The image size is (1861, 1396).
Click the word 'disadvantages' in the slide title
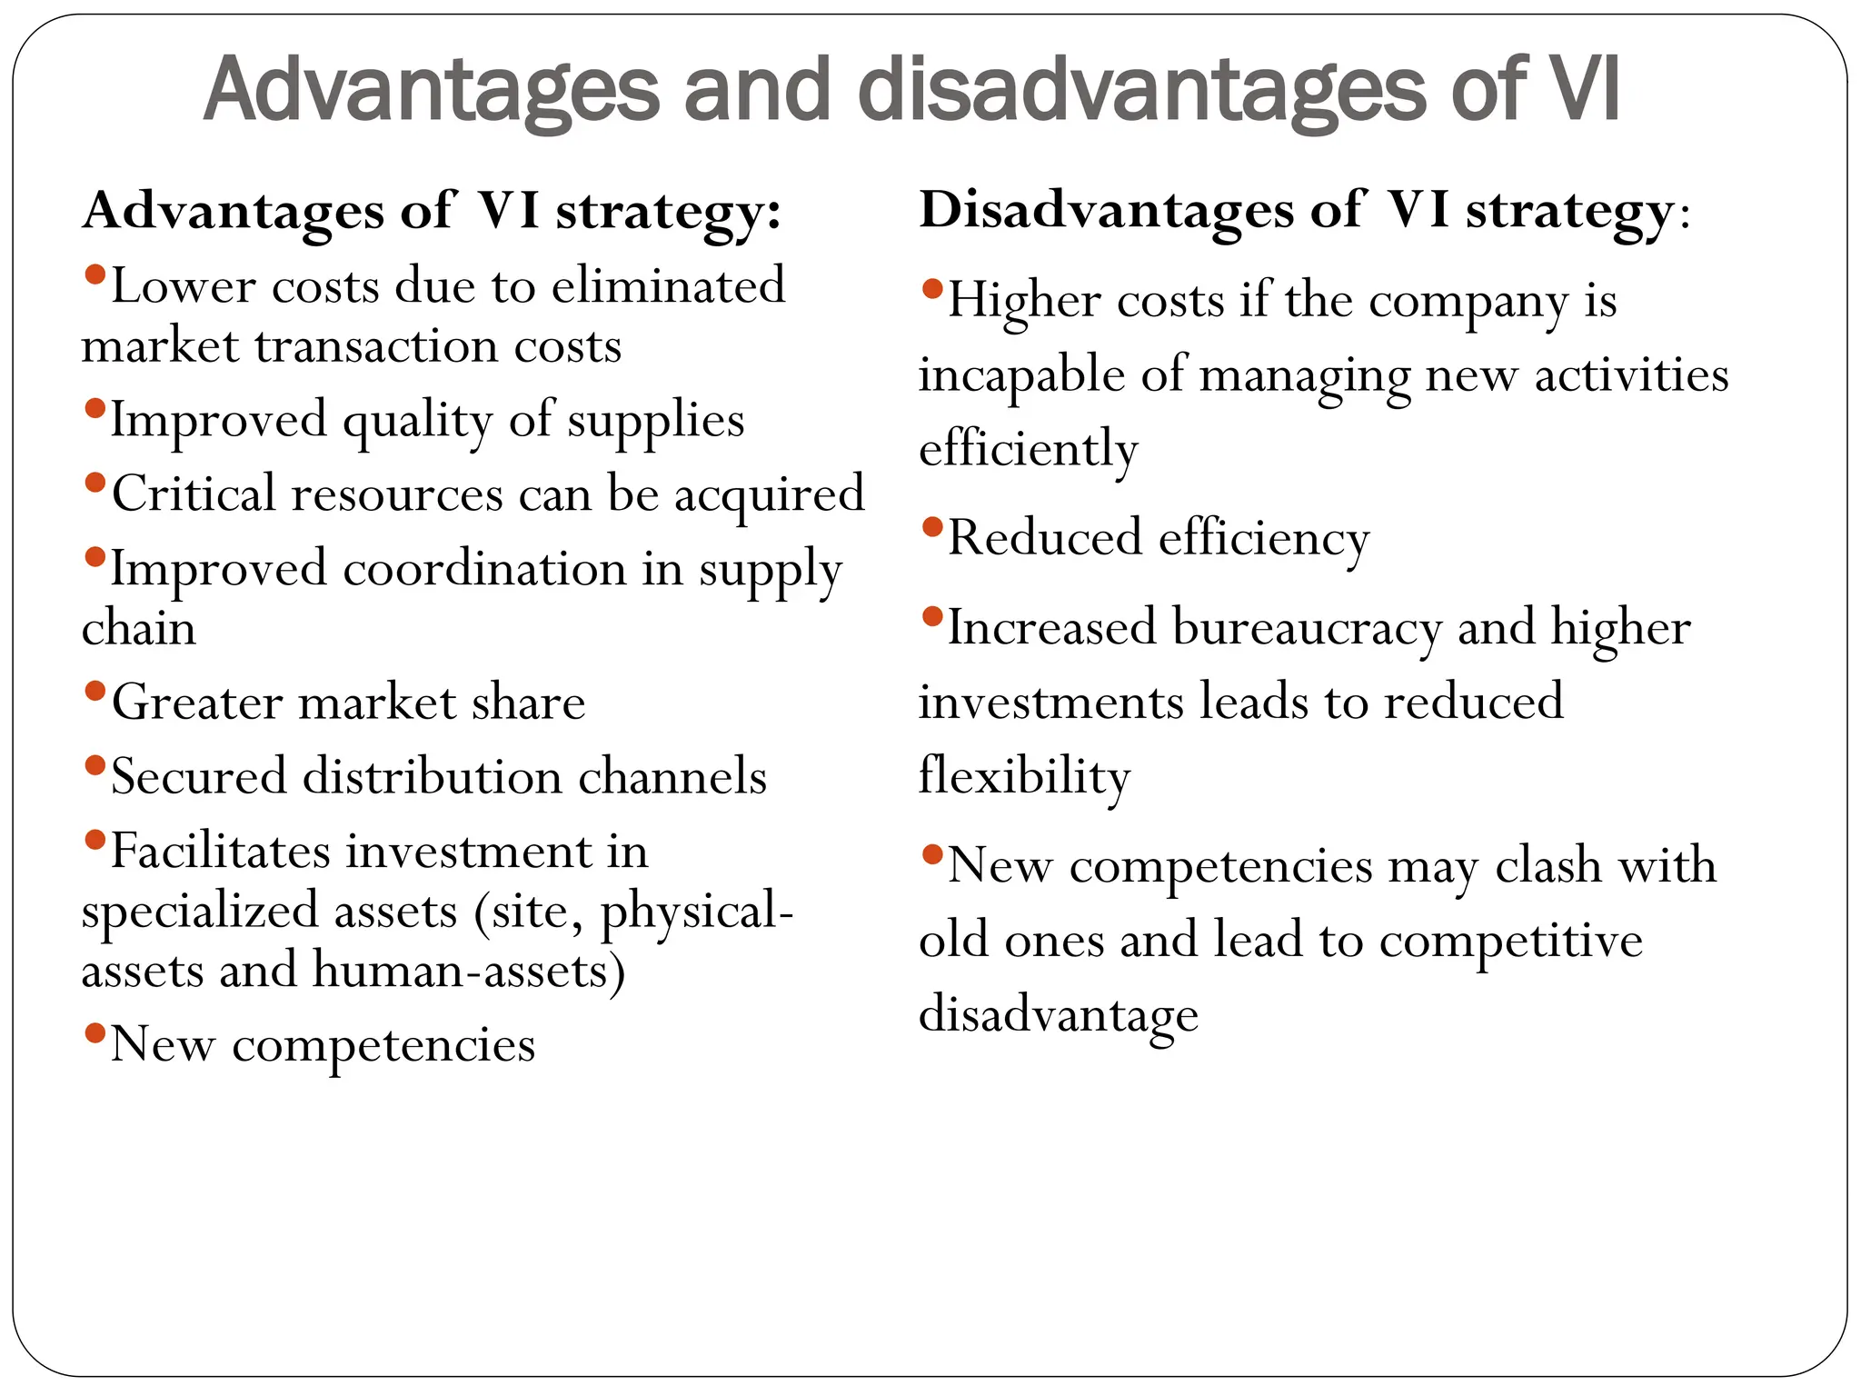click(1141, 91)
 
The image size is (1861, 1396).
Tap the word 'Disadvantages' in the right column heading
click(1105, 211)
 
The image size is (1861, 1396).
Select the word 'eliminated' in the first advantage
click(668, 286)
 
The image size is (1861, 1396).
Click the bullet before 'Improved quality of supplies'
click(95, 408)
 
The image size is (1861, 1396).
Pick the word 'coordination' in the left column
click(484, 570)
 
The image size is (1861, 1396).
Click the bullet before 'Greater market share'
click(95, 692)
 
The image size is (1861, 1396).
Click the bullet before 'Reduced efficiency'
click(932, 526)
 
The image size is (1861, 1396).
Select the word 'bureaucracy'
click(1307, 629)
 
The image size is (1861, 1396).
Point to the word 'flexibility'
click(1024, 778)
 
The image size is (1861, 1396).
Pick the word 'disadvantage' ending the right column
click(1059, 1015)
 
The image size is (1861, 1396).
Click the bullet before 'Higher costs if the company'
click(932, 289)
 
